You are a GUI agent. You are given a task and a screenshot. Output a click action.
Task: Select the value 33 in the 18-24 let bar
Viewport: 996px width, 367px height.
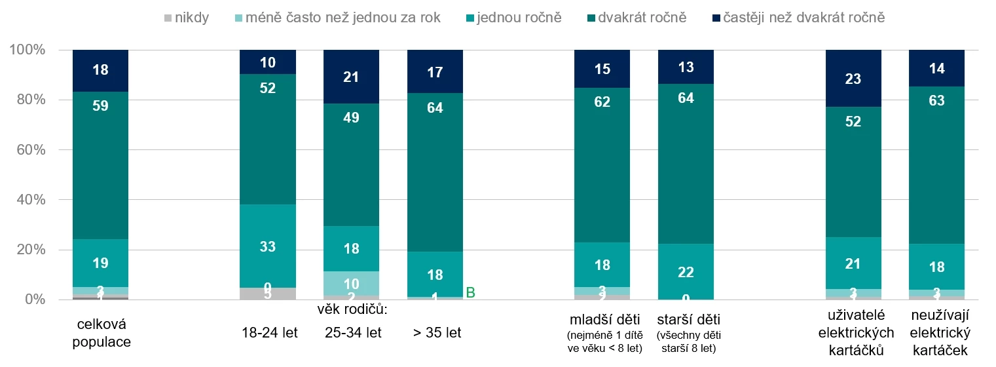point(268,247)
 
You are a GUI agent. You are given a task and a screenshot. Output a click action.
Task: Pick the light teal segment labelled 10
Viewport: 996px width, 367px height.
point(351,284)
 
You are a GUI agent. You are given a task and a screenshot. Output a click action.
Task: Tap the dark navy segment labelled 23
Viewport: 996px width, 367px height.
point(853,79)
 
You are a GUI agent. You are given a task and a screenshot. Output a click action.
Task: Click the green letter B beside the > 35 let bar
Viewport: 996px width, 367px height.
point(470,292)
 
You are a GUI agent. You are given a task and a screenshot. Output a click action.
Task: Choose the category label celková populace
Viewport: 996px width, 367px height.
point(100,333)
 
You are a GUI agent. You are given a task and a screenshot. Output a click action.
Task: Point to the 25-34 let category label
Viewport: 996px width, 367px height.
point(353,333)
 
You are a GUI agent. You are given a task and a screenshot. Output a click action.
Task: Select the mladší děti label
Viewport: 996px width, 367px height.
point(602,320)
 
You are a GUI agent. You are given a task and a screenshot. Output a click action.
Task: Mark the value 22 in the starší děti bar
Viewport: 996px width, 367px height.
point(686,272)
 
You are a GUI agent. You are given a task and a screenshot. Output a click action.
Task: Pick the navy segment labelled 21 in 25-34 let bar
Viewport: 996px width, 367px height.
point(351,77)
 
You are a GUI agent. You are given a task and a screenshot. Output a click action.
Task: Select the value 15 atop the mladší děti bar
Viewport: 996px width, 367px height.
point(602,69)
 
